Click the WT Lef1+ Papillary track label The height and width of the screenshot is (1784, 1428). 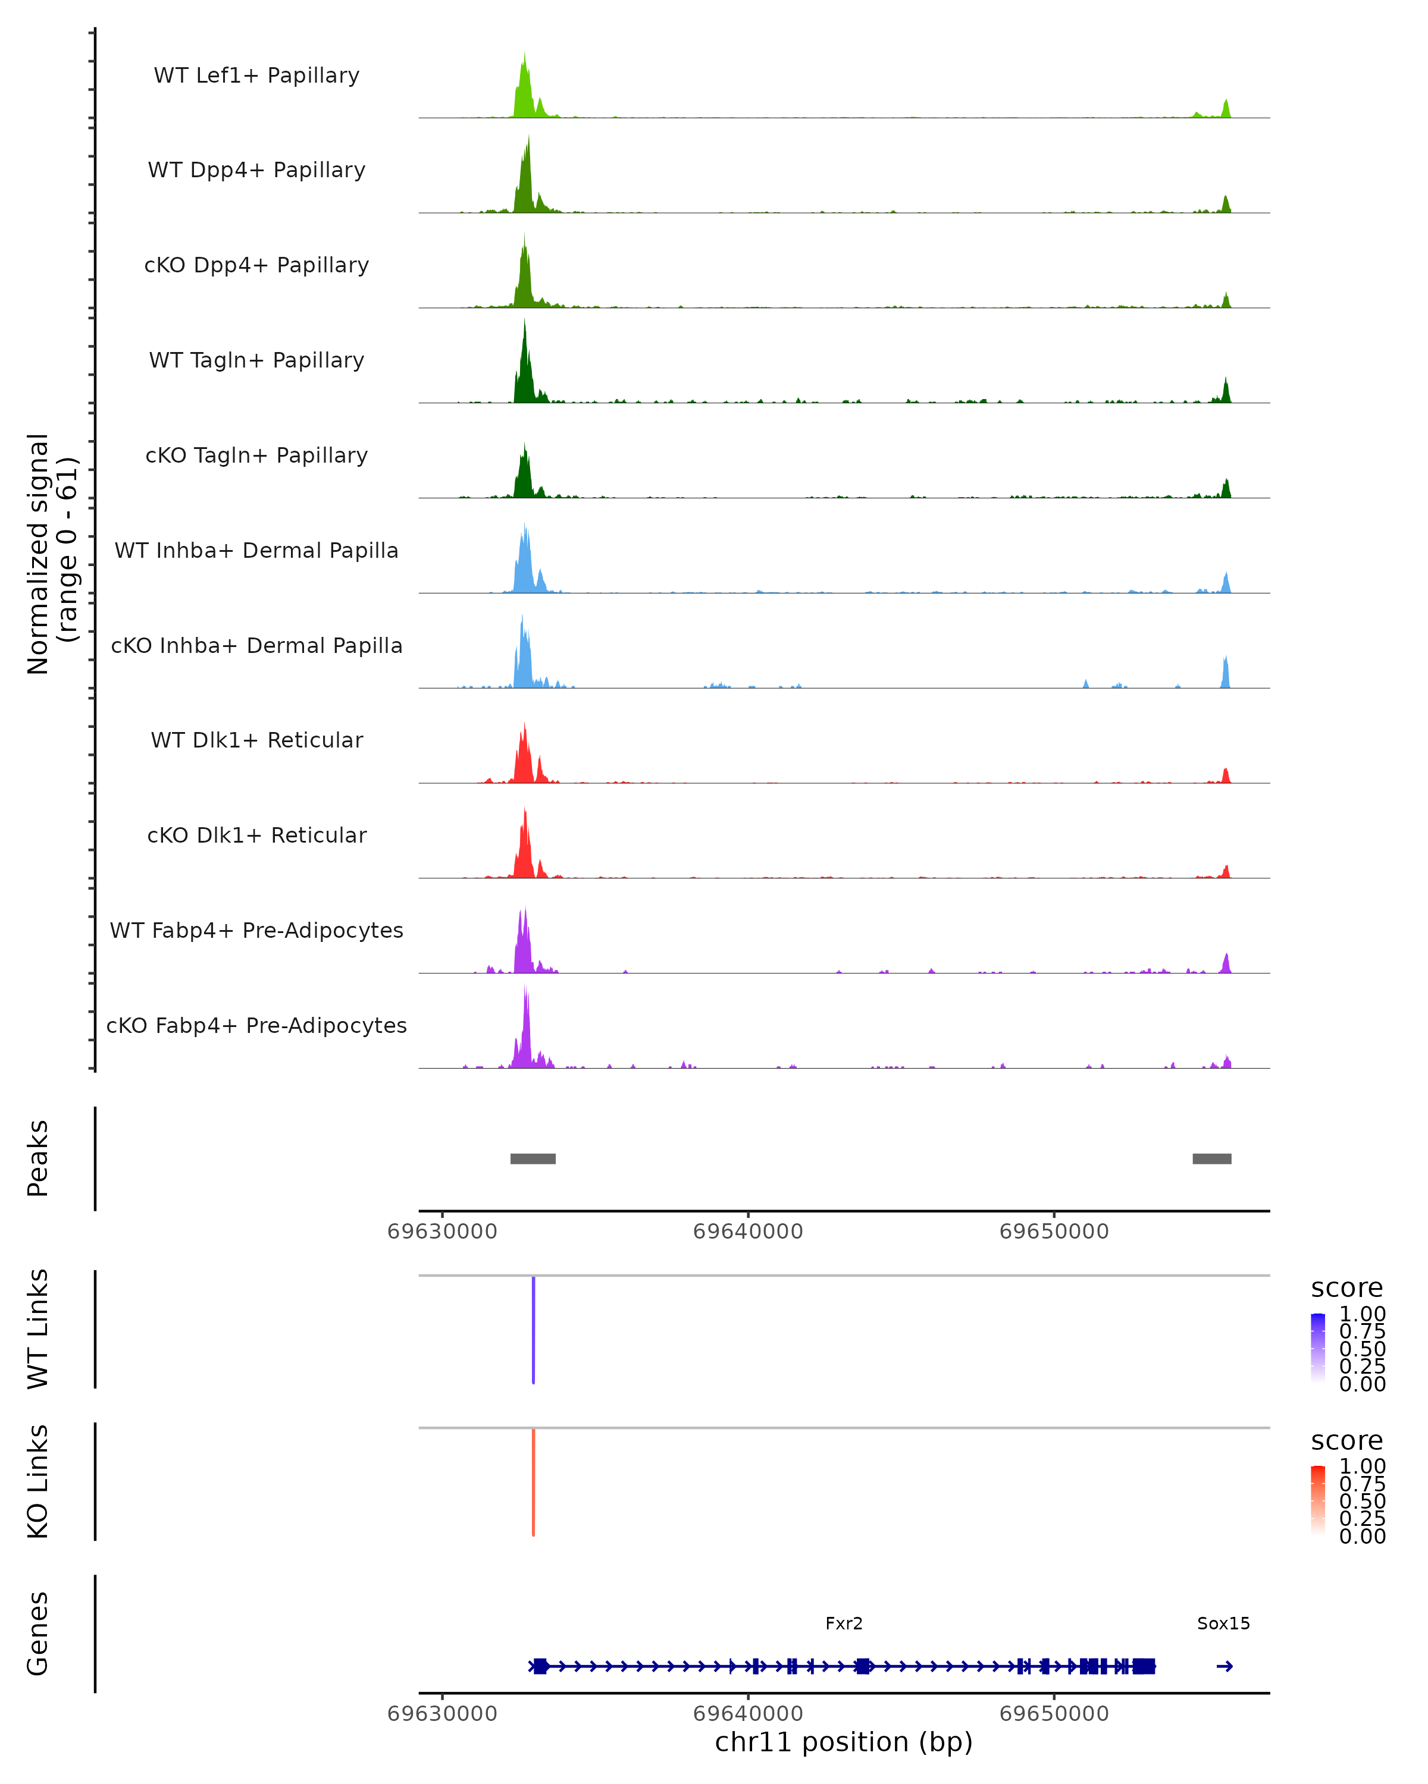pos(256,76)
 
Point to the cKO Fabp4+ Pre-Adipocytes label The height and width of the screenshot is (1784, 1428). pos(256,1025)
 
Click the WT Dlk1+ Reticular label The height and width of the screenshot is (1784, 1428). pos(256,740)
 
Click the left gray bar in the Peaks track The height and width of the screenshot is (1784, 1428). pos(533,1158)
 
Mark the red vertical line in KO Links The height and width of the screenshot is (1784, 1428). pos(533,1482)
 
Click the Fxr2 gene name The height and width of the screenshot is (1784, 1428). pos(844,1623)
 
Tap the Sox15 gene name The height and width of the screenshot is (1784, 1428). pos(1223,1623)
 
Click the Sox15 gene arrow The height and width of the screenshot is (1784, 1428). pos(1225,1666)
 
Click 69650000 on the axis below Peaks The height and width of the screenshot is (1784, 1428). pos(1054,1232)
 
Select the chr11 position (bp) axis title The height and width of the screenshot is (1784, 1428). pos(844,1742)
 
